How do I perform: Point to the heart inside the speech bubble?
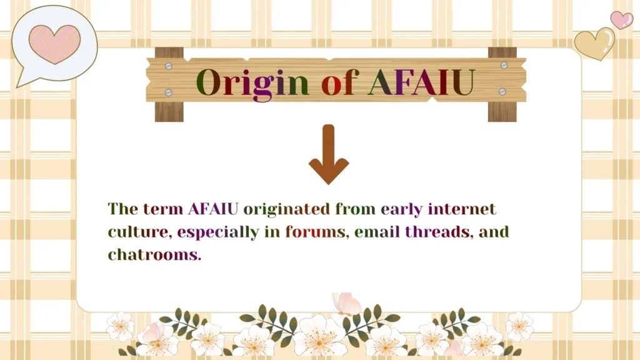[x=54, y=43]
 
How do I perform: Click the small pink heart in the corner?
[x=621, y=19]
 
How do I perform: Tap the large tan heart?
[x=594, y=43]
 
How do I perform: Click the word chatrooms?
[x=154, y=255]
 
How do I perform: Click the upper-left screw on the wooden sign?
[x=168, y=65]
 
